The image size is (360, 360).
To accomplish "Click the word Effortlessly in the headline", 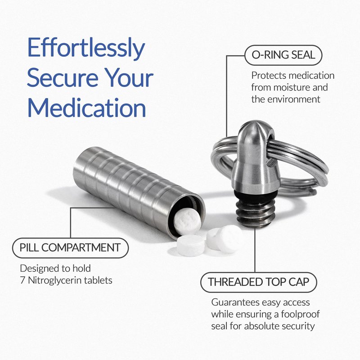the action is [86, 48].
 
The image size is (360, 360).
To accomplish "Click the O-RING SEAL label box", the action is [283, 55].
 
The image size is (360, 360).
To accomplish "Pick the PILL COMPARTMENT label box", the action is [70, 248].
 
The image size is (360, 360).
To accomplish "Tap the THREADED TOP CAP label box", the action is [259, 282].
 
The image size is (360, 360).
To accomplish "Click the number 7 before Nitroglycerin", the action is [22, 280].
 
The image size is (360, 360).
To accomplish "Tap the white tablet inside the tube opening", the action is [187, 222].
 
